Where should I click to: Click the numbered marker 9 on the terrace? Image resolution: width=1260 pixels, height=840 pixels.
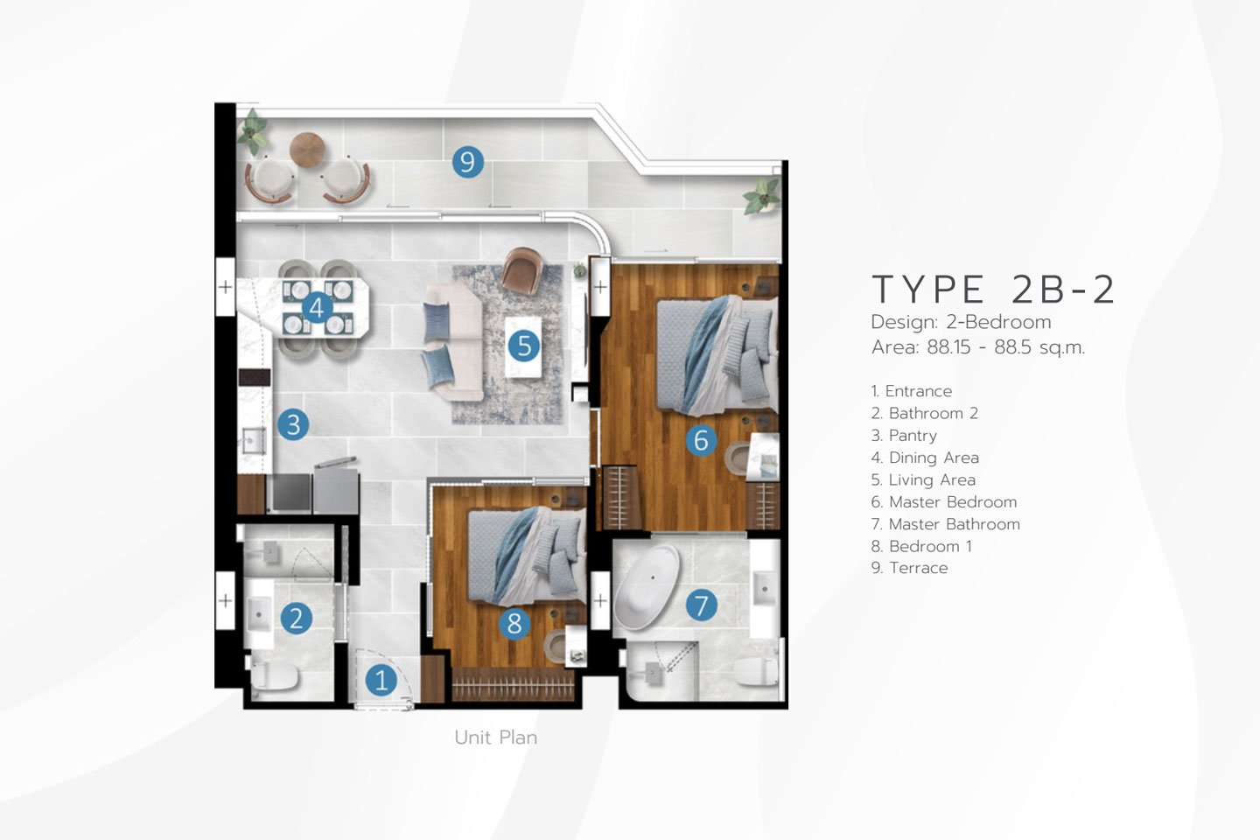coord(467,162)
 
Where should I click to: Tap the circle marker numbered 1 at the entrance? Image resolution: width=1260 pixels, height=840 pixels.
coord(381,680)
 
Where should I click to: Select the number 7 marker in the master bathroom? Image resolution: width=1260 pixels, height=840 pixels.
coord(701,605)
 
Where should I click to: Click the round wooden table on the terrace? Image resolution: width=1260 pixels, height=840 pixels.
coord(307,150)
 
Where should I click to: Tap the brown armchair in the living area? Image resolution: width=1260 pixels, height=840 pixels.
coord(522,271)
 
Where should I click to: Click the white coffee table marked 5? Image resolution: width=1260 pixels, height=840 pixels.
coord(523,346)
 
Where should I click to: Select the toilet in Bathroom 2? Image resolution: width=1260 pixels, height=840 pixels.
coord(274,675)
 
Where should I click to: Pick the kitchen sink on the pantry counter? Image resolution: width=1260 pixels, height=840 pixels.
coord(254,440)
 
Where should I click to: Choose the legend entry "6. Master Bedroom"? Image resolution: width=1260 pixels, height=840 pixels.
coord(944,502)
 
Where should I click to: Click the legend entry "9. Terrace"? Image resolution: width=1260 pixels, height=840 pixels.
coord(909,568)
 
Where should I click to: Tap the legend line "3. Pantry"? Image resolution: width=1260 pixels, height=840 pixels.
coord(904,436)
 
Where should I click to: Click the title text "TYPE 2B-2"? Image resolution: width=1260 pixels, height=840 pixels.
coord(993,290)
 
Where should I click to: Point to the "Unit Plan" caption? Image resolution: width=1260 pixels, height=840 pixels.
coord(495,737)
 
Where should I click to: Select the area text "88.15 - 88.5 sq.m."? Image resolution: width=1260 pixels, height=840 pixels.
coord(1005,347)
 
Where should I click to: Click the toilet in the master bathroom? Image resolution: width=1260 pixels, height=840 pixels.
coord(757,671)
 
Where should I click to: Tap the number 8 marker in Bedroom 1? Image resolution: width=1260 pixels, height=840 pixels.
coord(514,623)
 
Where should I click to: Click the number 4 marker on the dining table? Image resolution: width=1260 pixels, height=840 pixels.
coord(317,308)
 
